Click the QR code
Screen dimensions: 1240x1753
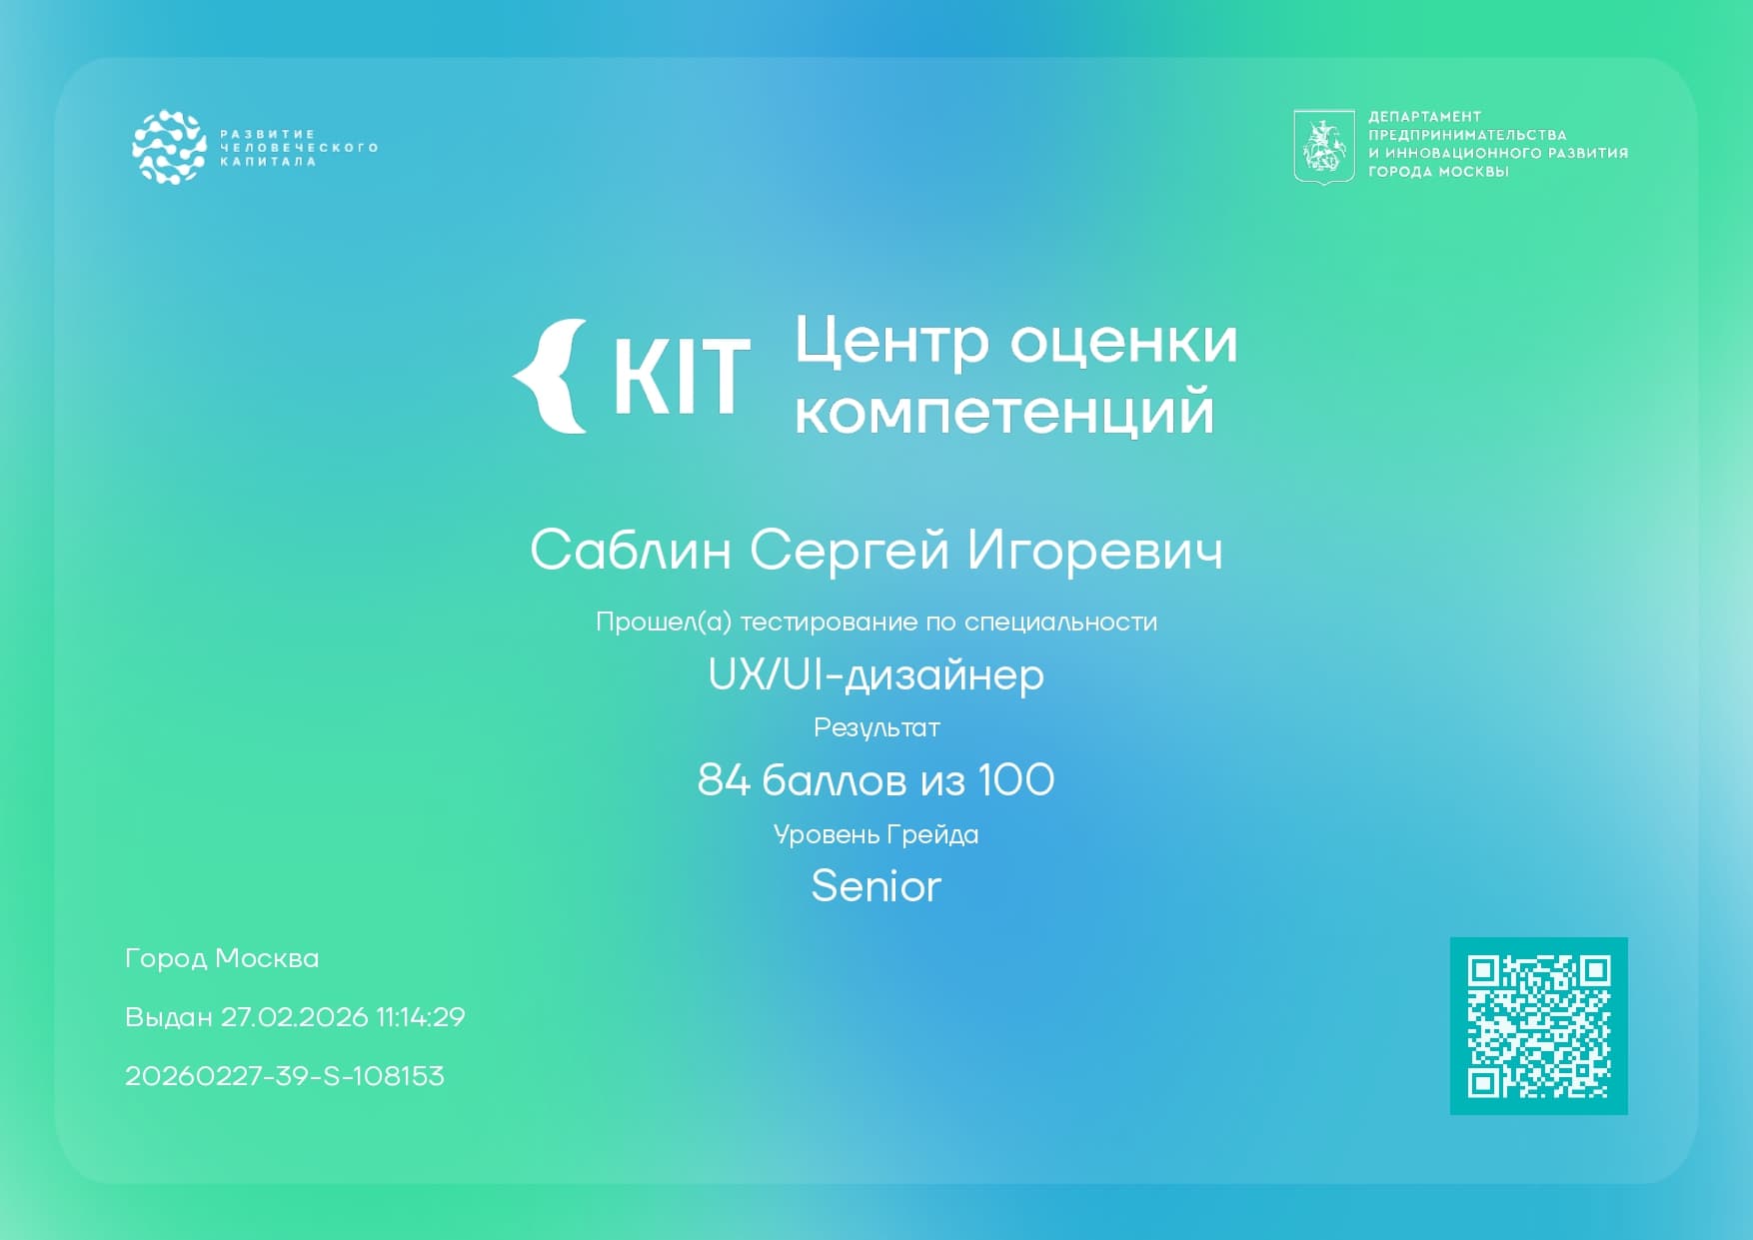pos(1538,1026)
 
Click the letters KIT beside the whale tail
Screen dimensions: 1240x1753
pos(681,377)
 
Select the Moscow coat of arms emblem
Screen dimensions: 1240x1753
pos(1323,146)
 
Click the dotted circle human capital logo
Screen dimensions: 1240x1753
pos(169,147)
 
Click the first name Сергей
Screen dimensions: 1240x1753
pos(849,551)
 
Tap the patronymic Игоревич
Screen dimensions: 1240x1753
pos(1095,551)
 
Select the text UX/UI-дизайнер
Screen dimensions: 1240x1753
pos(876,675)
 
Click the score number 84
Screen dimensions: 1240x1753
pos(724,780)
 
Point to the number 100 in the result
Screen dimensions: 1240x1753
pos(1015,780)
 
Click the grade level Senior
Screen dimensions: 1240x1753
pos(876,886)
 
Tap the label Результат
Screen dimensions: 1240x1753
pos(876,728)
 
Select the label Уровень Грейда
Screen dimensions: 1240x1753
pos(876,834)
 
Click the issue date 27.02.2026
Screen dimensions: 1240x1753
pos(295,1017)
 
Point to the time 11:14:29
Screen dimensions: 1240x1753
pos(421,1017)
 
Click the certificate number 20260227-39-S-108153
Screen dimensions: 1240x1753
pos(285,1076)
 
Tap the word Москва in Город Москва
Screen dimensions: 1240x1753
pos(267,958)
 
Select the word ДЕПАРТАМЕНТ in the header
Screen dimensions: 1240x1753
pos(1424,117)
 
